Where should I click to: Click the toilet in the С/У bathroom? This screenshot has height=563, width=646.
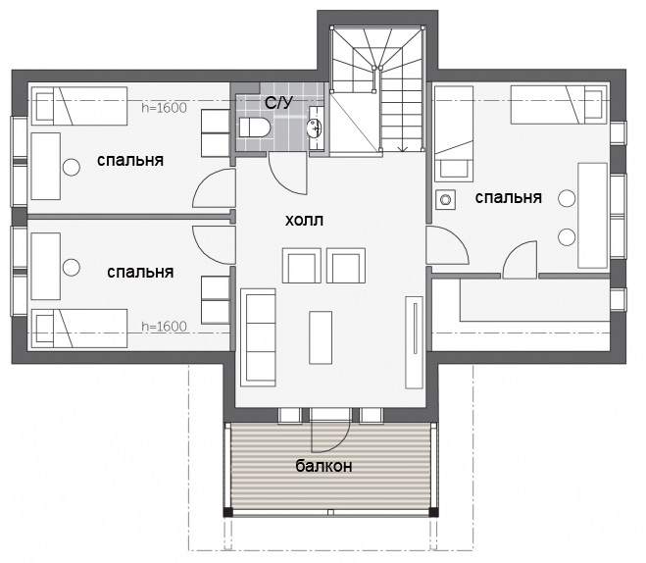[255, 128]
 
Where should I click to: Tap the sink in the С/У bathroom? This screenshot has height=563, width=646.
[316, 128]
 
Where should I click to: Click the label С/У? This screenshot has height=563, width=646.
[279, 103]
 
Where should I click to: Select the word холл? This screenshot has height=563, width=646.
[304, 221]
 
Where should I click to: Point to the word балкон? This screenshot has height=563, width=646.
[323, 466]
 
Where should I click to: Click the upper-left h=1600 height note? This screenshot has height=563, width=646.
[164, 108]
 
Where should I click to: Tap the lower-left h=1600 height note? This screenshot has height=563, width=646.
[164, 327]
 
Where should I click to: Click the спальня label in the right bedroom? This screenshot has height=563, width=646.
[509, 198]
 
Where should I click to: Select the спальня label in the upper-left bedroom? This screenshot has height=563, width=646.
[130, 161]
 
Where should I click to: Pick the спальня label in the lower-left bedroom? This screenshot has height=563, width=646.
[140, 273]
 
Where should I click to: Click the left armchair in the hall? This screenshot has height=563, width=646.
[302, 266]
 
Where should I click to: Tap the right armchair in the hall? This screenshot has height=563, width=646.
[346, 266]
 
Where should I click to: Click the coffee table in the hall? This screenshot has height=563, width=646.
[321, 337]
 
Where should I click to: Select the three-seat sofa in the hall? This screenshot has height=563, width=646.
[258, 337]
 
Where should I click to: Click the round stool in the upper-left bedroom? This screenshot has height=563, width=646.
[72, 168]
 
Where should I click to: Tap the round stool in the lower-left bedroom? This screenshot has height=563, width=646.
[72, 267]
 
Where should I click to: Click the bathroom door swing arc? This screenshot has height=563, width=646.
[281, 180]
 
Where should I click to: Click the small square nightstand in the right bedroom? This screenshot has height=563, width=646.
[445, 200]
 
